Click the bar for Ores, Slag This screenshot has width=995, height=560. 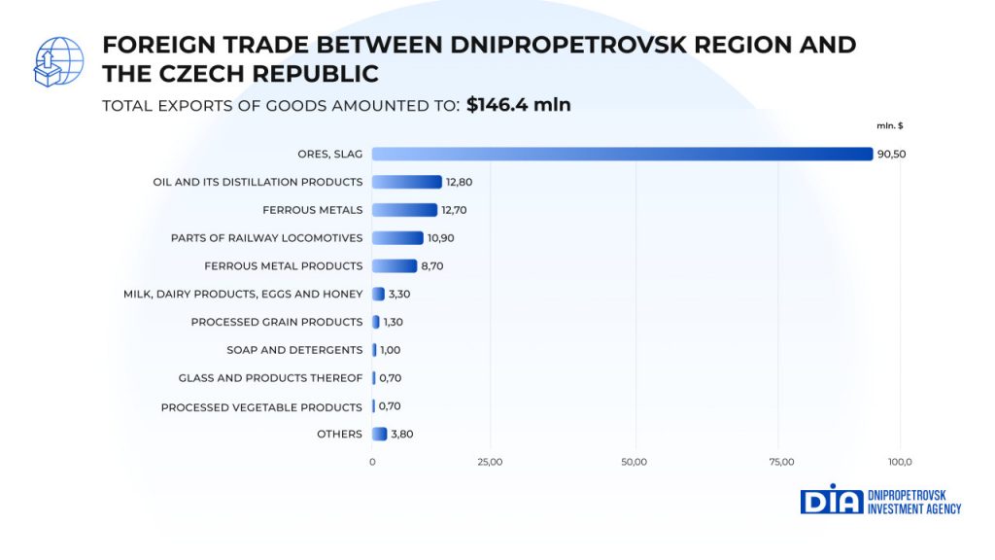click(622, 154)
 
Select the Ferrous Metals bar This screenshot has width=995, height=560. click(405, 210)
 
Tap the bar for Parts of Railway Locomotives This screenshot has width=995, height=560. click(398, 238)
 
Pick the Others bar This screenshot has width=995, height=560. click(380, 435)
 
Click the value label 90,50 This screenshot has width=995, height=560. click(891, 154)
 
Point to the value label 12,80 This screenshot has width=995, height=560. click(459, 182)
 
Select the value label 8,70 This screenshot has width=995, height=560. click(433, 266)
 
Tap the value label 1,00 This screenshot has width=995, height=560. click(390, 350)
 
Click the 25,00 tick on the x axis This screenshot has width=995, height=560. click(490, 462)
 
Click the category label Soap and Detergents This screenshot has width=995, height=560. click(294, 350)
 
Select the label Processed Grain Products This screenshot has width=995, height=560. click(277, 322)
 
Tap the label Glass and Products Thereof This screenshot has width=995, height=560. click(270, 378)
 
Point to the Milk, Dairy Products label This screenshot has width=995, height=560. click(243, 294)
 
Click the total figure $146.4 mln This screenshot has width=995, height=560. click(518, 105)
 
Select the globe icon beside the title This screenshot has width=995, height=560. click(58, 60)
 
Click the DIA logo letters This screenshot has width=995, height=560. click(831, 500)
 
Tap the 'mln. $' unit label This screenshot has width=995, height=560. click(889, 124)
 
